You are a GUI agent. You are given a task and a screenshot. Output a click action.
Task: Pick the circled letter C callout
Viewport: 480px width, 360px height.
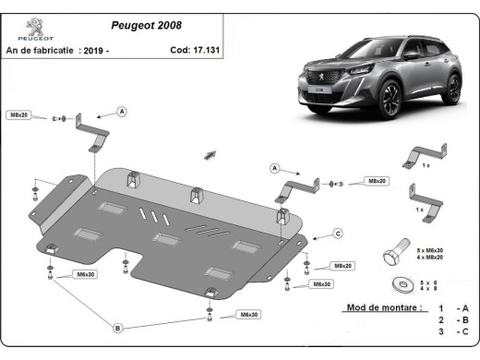tap(338, 233)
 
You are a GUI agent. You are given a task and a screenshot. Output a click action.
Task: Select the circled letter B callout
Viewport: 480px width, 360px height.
tap(118, 328)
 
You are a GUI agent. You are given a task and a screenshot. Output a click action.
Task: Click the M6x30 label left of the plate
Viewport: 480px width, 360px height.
tap(86, 275)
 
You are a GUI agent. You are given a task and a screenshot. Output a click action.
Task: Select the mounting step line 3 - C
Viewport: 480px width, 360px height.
tap(451, 331)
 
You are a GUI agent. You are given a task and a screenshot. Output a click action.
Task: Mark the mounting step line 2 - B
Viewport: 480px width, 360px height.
tap(451, 319)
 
